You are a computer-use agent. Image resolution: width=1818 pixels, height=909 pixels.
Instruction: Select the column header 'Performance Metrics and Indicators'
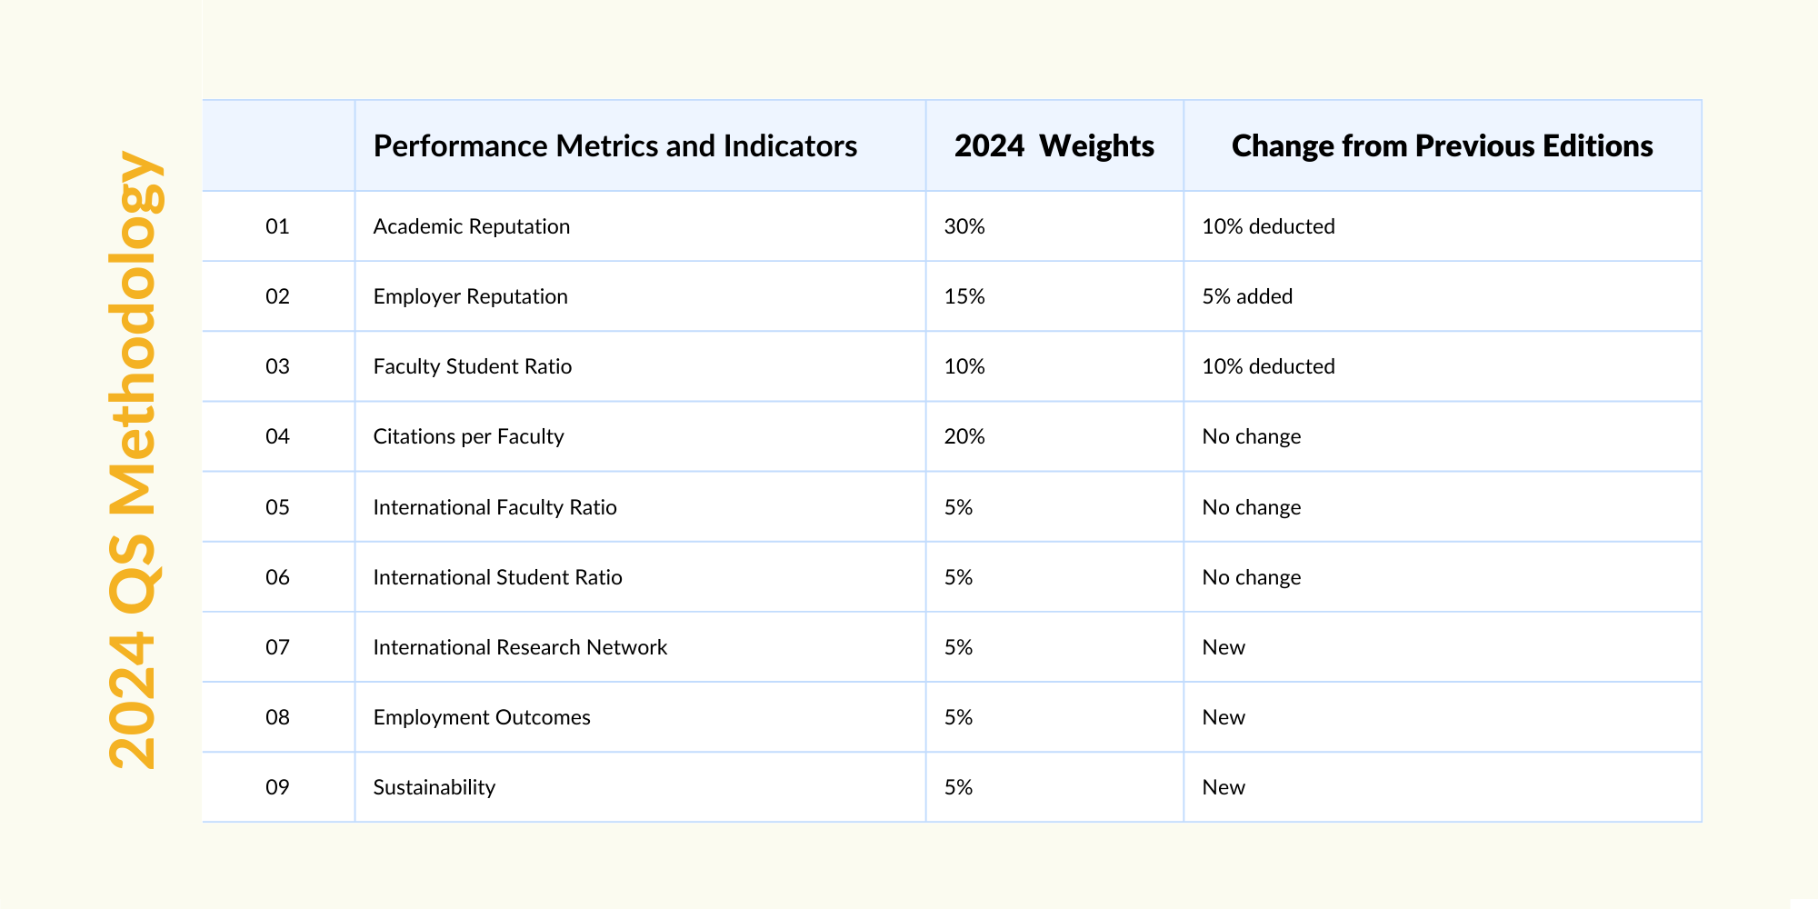[x=614, y=146]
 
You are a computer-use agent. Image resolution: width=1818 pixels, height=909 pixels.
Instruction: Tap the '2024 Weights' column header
[x=1054, y=146]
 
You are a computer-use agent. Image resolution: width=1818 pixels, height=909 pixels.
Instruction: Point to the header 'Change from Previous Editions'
[x=1442, y=146]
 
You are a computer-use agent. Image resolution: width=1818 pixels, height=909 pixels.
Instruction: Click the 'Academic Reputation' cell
[x=471, y=226]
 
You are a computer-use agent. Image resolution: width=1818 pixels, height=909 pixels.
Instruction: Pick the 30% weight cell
[x=964, y=226]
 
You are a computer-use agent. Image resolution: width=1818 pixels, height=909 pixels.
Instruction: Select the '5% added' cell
[x=1247, y=296]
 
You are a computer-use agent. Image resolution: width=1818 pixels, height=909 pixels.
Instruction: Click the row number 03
[x=277, y=366]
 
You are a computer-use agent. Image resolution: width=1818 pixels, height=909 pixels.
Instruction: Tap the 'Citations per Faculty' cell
[x=468, y=436]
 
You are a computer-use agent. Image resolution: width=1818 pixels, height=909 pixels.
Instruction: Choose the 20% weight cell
[x=964, y=436]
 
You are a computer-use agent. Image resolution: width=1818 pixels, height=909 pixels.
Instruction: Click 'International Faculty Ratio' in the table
[x=494, y=507]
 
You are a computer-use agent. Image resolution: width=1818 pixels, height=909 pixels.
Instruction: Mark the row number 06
[x=277, y=577]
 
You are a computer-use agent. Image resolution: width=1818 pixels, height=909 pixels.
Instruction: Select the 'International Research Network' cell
[x=520, y=647]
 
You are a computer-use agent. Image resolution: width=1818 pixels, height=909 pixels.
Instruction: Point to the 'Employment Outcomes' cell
[x=482, y=717]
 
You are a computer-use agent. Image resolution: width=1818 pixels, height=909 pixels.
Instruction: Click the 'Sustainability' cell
[x=434, y=787]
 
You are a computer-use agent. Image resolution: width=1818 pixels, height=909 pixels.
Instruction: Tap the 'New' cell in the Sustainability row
[x=1224, y=787]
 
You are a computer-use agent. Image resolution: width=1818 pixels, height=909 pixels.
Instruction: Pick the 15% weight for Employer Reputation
[x=964, y=296]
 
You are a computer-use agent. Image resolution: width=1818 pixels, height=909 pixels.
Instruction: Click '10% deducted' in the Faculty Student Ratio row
[x=1268, y=366]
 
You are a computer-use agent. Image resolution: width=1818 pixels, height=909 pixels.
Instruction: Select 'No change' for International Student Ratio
[x=1251, y=577]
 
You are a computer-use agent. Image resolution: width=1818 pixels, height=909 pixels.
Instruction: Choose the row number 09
[x=277, y=787]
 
